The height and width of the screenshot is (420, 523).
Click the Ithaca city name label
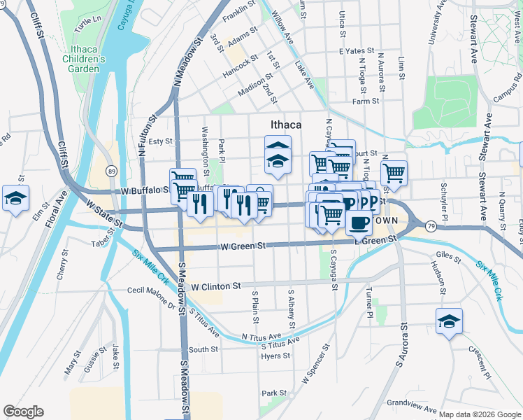pos(285,125)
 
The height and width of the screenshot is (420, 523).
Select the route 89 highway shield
pos(111,170)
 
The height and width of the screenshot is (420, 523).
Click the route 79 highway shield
pos(430,225)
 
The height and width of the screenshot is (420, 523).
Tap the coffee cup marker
pos(359,222)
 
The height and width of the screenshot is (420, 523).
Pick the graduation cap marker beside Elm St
pos(15,197)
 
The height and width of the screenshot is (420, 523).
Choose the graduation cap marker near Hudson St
pos(449,321)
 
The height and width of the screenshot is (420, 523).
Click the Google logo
pos(23,412)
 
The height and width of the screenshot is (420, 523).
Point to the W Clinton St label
pos(215,286)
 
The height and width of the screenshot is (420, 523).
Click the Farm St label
pos(366,101)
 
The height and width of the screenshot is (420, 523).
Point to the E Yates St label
pos(353,51)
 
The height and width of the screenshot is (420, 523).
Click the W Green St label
pos(243,246)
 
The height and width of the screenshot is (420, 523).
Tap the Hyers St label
pos(275,356)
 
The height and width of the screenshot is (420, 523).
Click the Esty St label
pos(160,141)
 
